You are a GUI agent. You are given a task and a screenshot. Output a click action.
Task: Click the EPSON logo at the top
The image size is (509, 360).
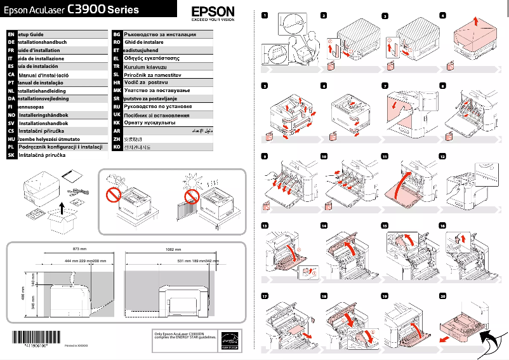[213, 11]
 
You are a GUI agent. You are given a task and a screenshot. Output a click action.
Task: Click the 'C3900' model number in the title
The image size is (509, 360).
[86, 10]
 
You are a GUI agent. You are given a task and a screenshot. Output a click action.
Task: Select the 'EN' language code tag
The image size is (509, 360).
[10, 34]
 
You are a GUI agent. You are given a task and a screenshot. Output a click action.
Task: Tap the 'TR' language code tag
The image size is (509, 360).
[116, 66]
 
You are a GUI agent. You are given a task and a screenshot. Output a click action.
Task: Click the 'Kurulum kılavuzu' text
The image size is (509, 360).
[145, 66]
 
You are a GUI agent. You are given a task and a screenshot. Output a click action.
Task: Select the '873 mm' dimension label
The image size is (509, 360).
[79, 249]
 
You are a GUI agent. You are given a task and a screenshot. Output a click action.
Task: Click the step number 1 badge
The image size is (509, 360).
[265, 15]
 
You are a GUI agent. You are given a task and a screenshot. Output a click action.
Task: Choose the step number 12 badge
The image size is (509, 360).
[443, 156]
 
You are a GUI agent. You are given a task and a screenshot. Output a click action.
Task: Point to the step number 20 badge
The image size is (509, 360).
[443, 296]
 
